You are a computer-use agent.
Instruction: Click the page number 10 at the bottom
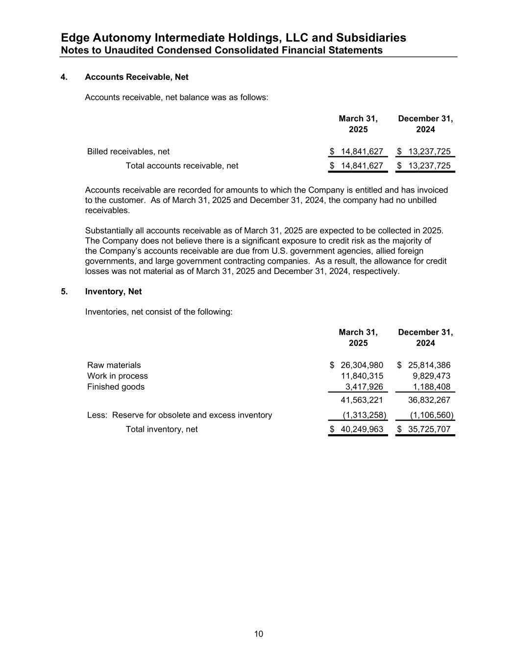point(259,634)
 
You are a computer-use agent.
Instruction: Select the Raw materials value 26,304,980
point(362,365)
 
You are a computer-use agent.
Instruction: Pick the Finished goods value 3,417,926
point(364,387)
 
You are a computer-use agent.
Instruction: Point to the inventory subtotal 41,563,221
point(362,400)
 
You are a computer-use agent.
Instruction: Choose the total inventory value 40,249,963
point(362,429)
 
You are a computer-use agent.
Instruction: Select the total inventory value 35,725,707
point(429,429)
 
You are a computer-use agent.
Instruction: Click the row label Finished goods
point(116,387)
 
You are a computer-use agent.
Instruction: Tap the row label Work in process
point(117,376)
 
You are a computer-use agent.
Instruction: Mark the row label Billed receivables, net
point(128,151)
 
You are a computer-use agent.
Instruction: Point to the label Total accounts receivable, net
point(182,166)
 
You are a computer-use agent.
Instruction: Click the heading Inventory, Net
point(113,292)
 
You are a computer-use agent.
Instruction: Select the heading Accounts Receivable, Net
point(137,77)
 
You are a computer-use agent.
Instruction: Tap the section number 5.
point(64,292)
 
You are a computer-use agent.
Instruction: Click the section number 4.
point(64,77)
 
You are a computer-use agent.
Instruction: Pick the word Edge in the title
point(74,38)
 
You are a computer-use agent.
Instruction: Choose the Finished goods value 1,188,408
point(431,387)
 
